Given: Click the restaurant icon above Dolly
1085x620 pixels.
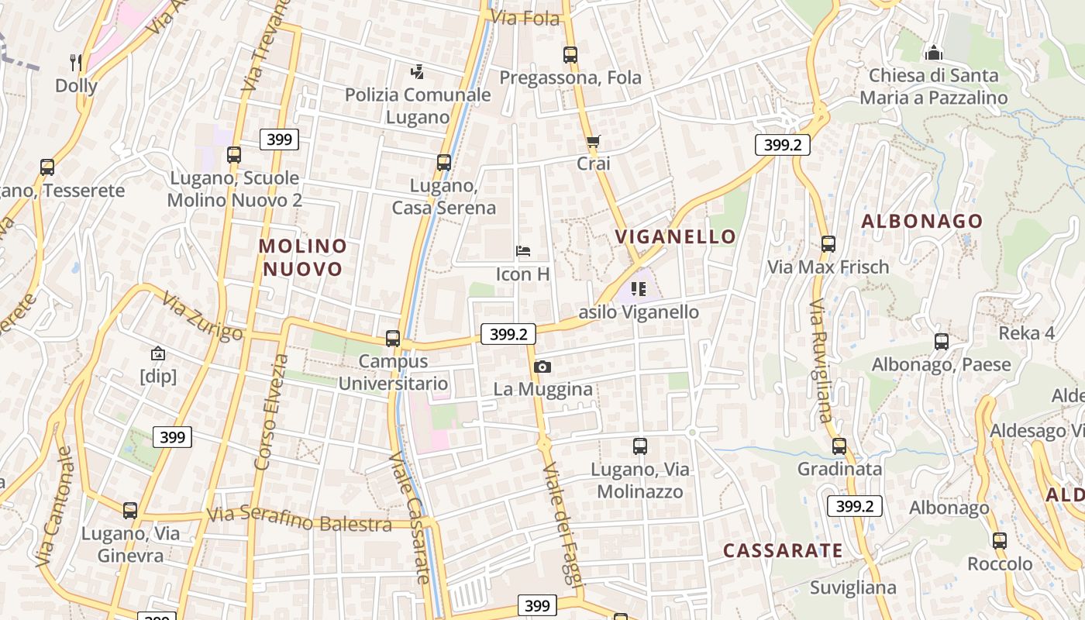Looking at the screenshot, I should [x=75, y=62].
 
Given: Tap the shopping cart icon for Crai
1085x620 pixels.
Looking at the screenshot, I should [x=594, y=142].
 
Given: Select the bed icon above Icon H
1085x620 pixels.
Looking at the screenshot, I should [x=523, y=251].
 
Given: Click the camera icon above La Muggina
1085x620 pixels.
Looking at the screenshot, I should [x=542, y=367].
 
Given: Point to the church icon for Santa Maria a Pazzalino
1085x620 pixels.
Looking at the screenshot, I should [x=934, y=53].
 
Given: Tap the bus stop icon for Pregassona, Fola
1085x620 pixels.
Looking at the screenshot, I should [x=570, y=55].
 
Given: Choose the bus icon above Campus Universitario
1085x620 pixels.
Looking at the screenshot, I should [x=393, y=339].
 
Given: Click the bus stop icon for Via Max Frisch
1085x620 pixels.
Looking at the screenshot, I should [x=828, y=244].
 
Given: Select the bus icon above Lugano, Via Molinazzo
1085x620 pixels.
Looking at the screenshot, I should [x=640, y=446].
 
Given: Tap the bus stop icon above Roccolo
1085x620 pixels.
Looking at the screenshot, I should [x=1000, y=541].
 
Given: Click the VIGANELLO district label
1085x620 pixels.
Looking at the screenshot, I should [x=675, y=236].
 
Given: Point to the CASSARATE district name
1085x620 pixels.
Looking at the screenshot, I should [x=783, y=550].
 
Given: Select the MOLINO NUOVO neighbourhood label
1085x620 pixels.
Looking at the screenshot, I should [x=303, y=257].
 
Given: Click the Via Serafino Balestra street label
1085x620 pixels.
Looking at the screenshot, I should [x=299, y=519].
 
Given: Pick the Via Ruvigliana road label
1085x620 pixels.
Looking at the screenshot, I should [x=821, y=360].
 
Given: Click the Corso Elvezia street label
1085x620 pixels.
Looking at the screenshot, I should [x=268, y=412].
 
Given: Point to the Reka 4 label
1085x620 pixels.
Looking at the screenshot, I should [x=1027, y=333].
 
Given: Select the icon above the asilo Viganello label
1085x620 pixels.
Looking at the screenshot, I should [x=639, y=290].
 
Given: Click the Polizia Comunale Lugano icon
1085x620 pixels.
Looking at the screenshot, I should [x=418, y=72].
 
